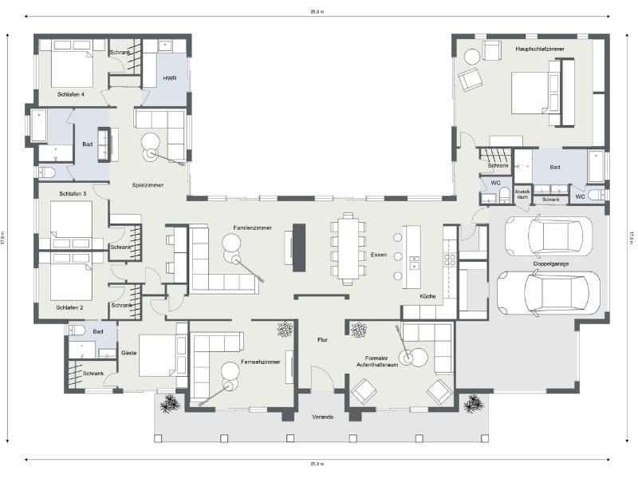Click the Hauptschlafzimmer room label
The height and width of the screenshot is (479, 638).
pyautogui.click(x=540, y=49)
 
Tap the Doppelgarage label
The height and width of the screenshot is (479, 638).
pyautogui.click(x=550, y=264)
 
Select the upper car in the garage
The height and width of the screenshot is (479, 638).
pyautogui.click(x=549, y=236)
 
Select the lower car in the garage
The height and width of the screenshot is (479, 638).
pyautogui.click(x=548, y=292)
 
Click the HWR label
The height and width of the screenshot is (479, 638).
pyautogui.click(x=169, y=78)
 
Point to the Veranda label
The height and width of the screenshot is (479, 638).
pyautogui.click(x=324, y=418)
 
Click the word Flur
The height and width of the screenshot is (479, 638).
pyautogui.click(x=322, y=340)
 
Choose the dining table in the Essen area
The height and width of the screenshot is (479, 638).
pyautogui.click(x=349, y=247)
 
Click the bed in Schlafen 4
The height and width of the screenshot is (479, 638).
pyautogui.click(x=73, y=65)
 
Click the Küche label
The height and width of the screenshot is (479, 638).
pyautogui.click(x=428, y=297)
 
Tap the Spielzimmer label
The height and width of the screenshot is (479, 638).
pyautogui.click(x=148, y=185)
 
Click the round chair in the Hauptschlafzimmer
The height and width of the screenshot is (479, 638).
pyautogui.click(x=471, y=56)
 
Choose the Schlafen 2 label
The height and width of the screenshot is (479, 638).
pyautogui.click(x=71, y=307)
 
